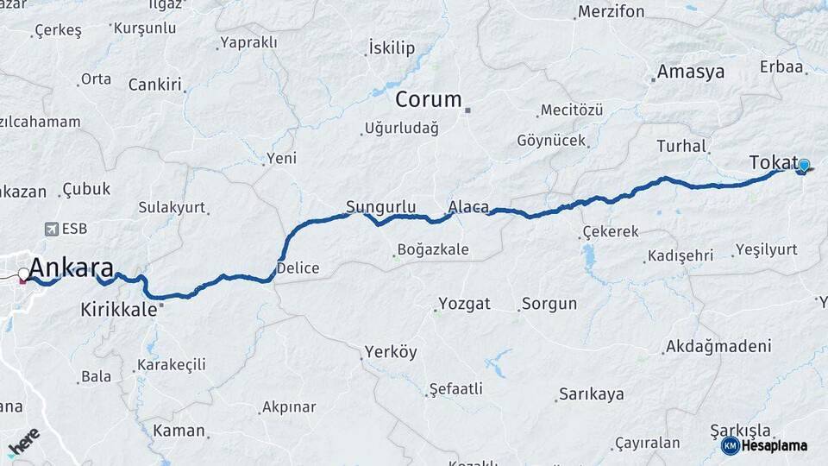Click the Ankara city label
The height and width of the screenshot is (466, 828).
pos(72,266)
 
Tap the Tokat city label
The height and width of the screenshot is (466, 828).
pos(772,162)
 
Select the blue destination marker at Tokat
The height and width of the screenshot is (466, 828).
pos(804,165)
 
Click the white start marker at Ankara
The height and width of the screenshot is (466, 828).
pos(23,274)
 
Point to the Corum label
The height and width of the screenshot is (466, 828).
pos(429,99)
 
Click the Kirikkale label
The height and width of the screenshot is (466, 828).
pos(119,310)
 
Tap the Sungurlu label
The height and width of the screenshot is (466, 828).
pos(380,207)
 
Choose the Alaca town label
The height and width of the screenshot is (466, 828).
pos(468,207)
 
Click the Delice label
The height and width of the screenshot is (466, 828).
pos(299,268)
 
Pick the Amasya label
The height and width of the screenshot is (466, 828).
pos(690,72)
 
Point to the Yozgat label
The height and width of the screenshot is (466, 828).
pos(465,303)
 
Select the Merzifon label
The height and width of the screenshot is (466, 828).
pos(611,12)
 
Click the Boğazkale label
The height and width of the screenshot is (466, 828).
pos(433,250)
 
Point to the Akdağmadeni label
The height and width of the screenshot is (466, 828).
pos(717,347)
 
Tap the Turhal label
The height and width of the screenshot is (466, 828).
pos(681,146)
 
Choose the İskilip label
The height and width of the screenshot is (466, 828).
pos(391,47)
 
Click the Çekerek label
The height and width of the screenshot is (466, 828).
pos(611,231)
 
